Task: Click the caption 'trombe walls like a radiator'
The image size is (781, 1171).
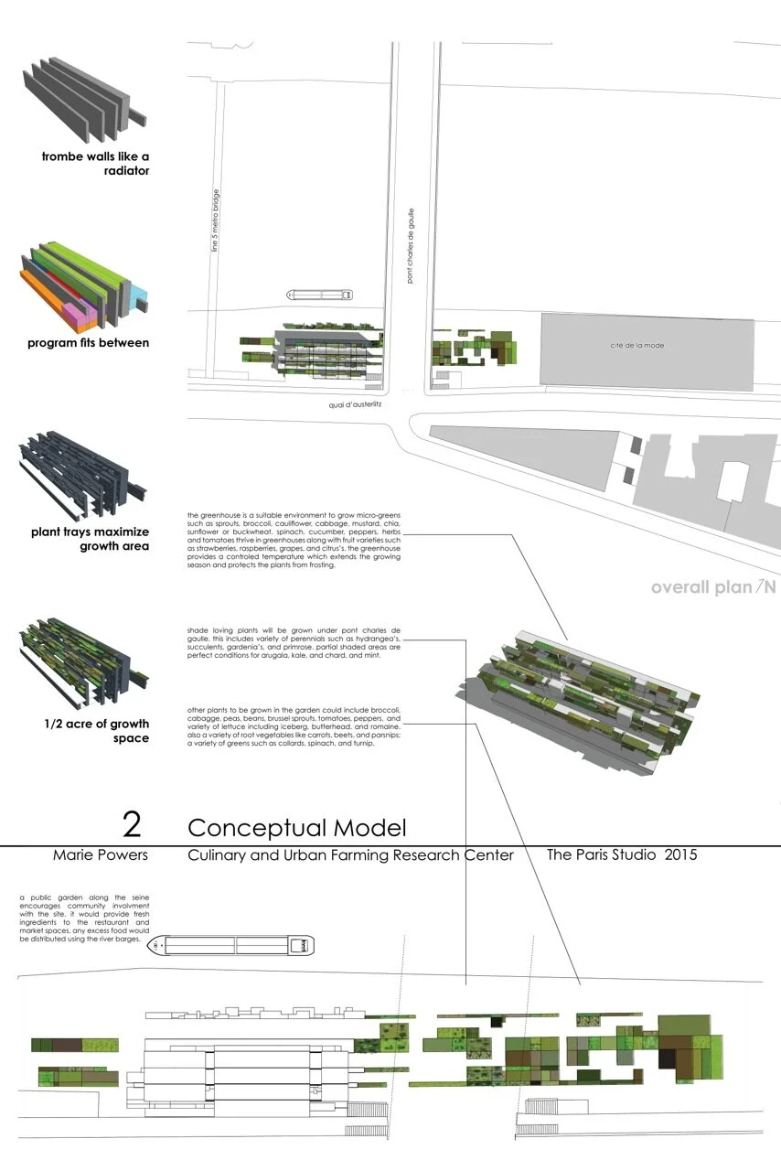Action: tap(95, 163)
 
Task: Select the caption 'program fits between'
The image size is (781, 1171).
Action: tap(89, 343)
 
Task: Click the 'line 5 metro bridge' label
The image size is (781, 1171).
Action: tap(215, 220)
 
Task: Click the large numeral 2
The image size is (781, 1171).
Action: tap(133, 824)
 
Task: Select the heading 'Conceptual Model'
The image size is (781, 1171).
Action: tap(296, 828)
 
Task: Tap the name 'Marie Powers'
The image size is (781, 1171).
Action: tap(101, 856)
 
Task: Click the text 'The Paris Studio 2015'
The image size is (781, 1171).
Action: tap(622, 855)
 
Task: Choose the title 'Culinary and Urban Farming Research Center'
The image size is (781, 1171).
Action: tap(350, 856)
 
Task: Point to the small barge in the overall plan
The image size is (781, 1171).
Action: tap(321, 295)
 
